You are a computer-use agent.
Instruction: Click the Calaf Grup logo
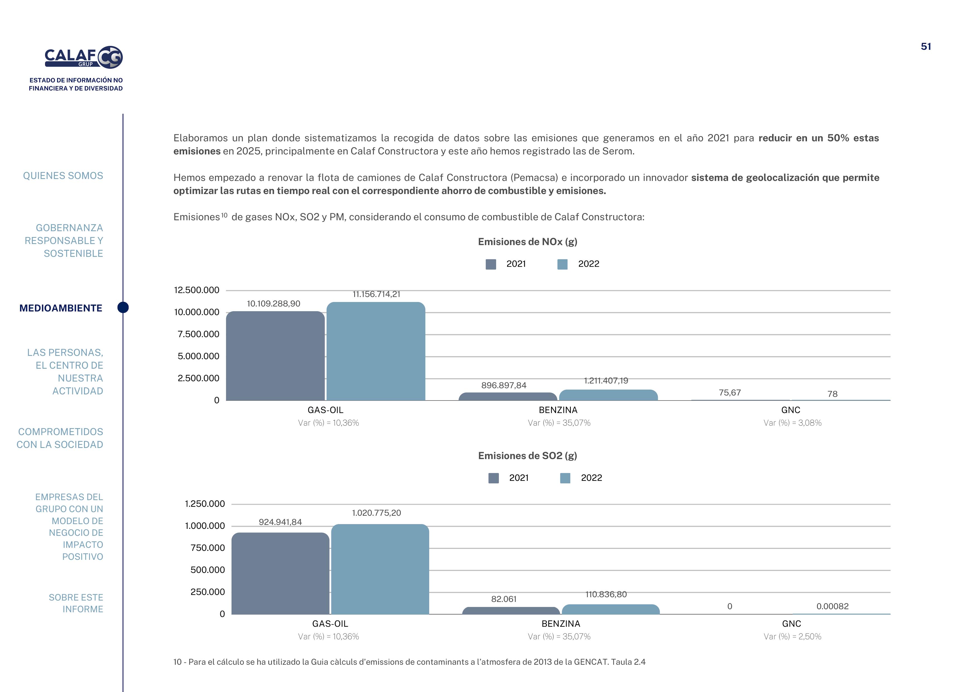(84, 57)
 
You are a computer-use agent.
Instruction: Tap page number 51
(926, 47)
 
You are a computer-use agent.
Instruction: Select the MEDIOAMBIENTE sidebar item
(61, 308)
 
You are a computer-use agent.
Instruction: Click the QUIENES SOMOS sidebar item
(63, 176)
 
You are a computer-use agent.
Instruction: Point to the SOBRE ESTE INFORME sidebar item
(76, 603)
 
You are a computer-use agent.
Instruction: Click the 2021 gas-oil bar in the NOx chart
(275, 356)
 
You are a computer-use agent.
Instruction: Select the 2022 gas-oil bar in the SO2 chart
(380, 569)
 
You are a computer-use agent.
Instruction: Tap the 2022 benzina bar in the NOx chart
(608, 395)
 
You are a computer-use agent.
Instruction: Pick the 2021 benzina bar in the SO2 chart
(511, 611)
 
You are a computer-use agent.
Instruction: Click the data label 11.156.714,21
(376, 294)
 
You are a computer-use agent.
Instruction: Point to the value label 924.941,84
(280, 522)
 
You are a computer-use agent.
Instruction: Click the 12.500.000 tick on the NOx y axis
(196, 290)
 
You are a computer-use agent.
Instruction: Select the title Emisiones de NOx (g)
(527, 242)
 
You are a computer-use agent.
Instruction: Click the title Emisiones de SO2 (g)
(527, 455)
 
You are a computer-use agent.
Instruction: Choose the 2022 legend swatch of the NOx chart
(562, 264)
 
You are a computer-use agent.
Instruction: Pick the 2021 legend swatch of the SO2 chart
(493, 478)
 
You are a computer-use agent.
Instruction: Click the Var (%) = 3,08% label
(792, 423)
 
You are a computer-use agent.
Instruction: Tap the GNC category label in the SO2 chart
(792, 623)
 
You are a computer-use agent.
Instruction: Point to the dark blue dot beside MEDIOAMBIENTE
(123, 307)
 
